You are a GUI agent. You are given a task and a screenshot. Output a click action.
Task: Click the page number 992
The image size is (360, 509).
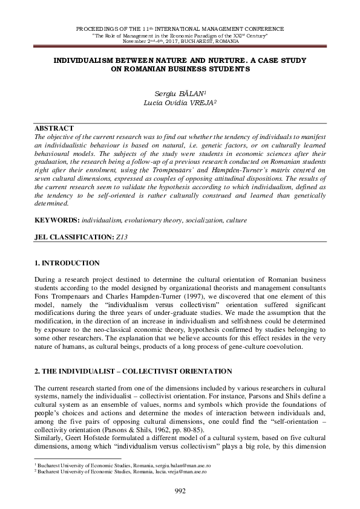click(x=180, y=490)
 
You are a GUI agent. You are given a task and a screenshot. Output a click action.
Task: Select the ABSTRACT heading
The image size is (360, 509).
click(x=54, y=128)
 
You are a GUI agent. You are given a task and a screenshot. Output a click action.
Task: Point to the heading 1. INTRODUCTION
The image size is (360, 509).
click(x=67, y=263)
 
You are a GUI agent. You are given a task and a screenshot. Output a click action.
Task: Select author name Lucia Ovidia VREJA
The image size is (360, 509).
click(x=180, y=103)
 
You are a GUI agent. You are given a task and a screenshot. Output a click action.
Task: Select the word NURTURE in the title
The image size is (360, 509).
click(x=236, y=60)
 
